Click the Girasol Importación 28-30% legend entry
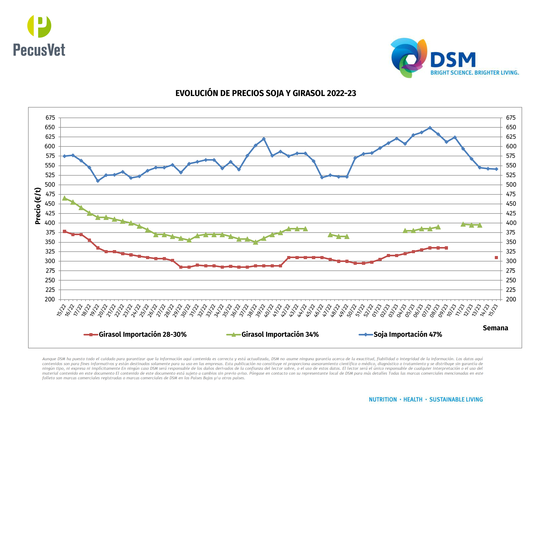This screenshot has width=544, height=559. coord(142,334)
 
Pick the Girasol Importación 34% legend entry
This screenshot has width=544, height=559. coord(280,334)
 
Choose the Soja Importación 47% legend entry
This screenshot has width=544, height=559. coord(407,334)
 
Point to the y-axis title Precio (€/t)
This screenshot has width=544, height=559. coord(38,206)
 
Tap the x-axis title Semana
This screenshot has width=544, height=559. coord(495,328)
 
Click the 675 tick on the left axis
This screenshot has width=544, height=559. coord(50,118)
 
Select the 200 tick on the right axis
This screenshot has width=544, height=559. coord(511,299)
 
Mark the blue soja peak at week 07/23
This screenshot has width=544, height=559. coord(430,128)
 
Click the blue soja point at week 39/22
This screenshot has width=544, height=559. coord(264,139)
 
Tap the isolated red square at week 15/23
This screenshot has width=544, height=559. coord(496,258)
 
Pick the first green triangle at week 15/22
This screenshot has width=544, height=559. coord(65,198)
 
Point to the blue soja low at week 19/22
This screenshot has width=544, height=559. coord(98,181)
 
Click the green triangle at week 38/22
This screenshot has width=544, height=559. coord(256,242)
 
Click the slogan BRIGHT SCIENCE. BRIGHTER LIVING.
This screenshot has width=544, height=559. coord(474,73)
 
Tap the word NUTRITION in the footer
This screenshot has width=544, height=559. coord(382,399)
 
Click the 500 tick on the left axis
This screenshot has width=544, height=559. coord(50,185)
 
